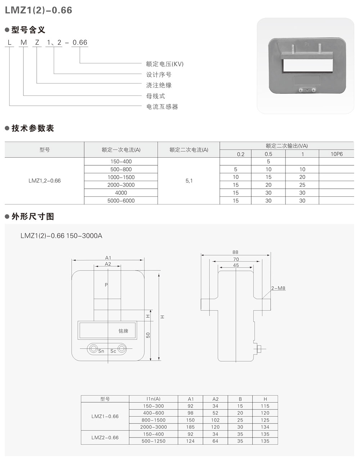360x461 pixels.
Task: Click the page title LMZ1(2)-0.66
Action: pos(39,10)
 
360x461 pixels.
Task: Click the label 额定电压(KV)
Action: pos(165,64)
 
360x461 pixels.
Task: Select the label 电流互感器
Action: pos(162,107)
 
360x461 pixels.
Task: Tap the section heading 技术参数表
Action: pos(32,128)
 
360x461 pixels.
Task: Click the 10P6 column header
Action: pos(337,154)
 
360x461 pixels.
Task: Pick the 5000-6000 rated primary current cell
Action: pos(121,201)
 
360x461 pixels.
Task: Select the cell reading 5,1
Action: pos(189,181)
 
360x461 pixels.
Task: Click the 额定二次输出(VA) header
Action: pos(287,146)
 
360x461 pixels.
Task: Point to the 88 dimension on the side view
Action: pos(235,252)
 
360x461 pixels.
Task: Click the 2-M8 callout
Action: pos(278,288)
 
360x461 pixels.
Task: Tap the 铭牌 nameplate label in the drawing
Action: pos(123,331)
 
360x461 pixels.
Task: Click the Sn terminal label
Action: pos(101,351)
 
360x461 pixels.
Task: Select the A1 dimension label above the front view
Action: pos(108,258)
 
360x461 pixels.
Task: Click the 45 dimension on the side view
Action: pos(236,265)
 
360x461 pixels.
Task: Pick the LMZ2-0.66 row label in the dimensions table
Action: pos(105,438)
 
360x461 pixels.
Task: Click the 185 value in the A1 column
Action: pos(190,427)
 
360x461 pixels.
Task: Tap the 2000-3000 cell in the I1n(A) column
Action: pos(153,427)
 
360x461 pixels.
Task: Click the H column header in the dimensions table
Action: pos(265,399)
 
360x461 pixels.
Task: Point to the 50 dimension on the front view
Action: pos(148,335)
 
